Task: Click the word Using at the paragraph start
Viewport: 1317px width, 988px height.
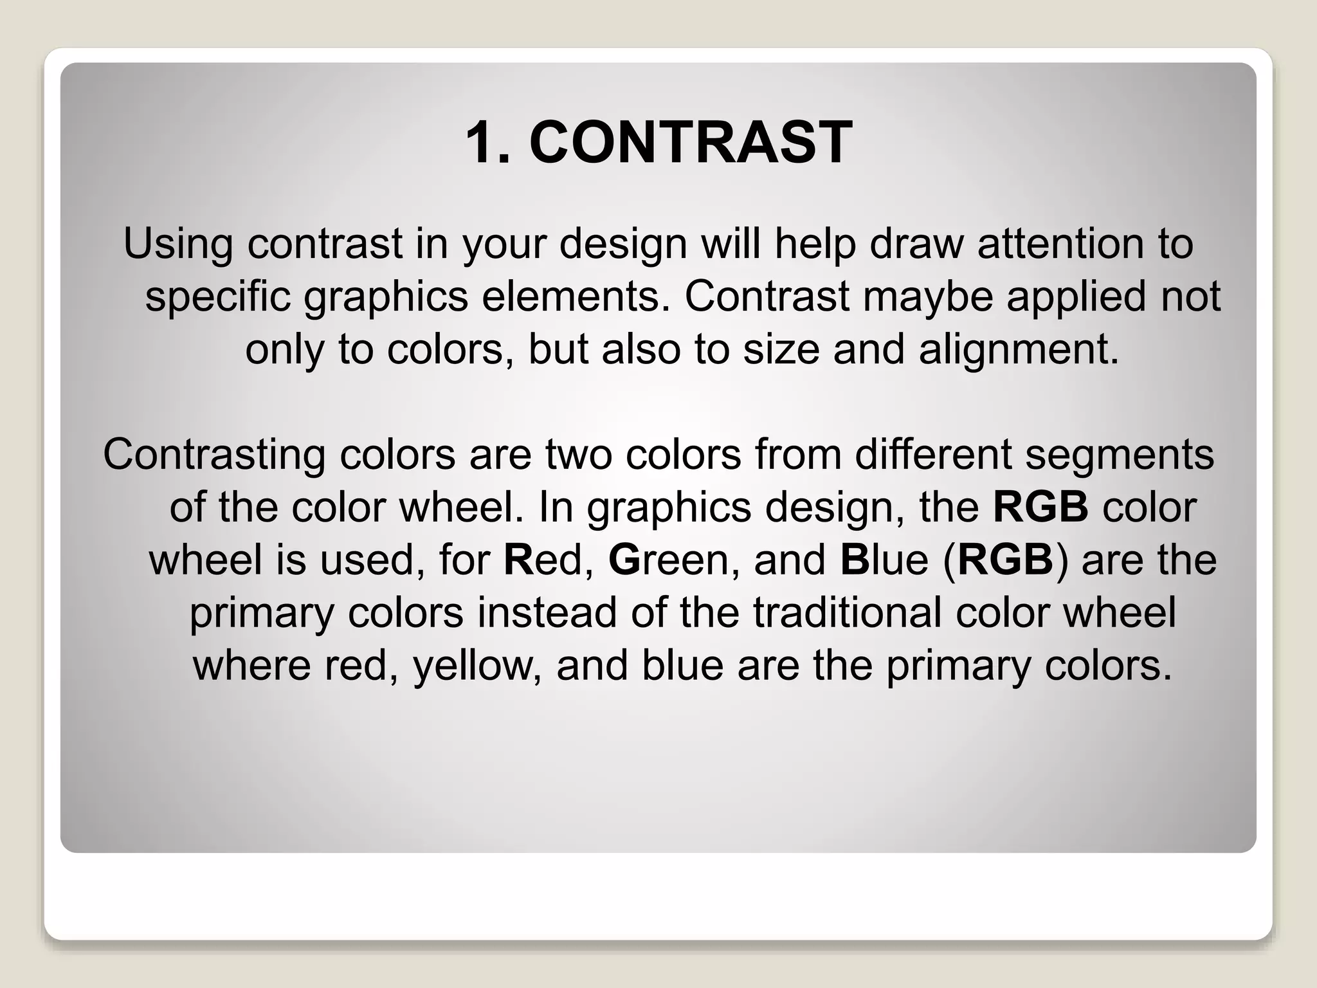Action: [x=178, y=244]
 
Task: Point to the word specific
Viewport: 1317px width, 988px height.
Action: [x=218, y=297]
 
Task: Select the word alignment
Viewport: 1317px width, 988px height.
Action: [x=1019, y=350]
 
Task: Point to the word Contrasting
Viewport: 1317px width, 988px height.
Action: [x=214, y=455]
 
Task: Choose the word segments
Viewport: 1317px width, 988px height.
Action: [x=1120, y=455]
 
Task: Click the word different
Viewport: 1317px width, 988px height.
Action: [x=933, y=454]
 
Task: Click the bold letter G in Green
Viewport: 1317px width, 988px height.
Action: [x=622, y=560]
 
